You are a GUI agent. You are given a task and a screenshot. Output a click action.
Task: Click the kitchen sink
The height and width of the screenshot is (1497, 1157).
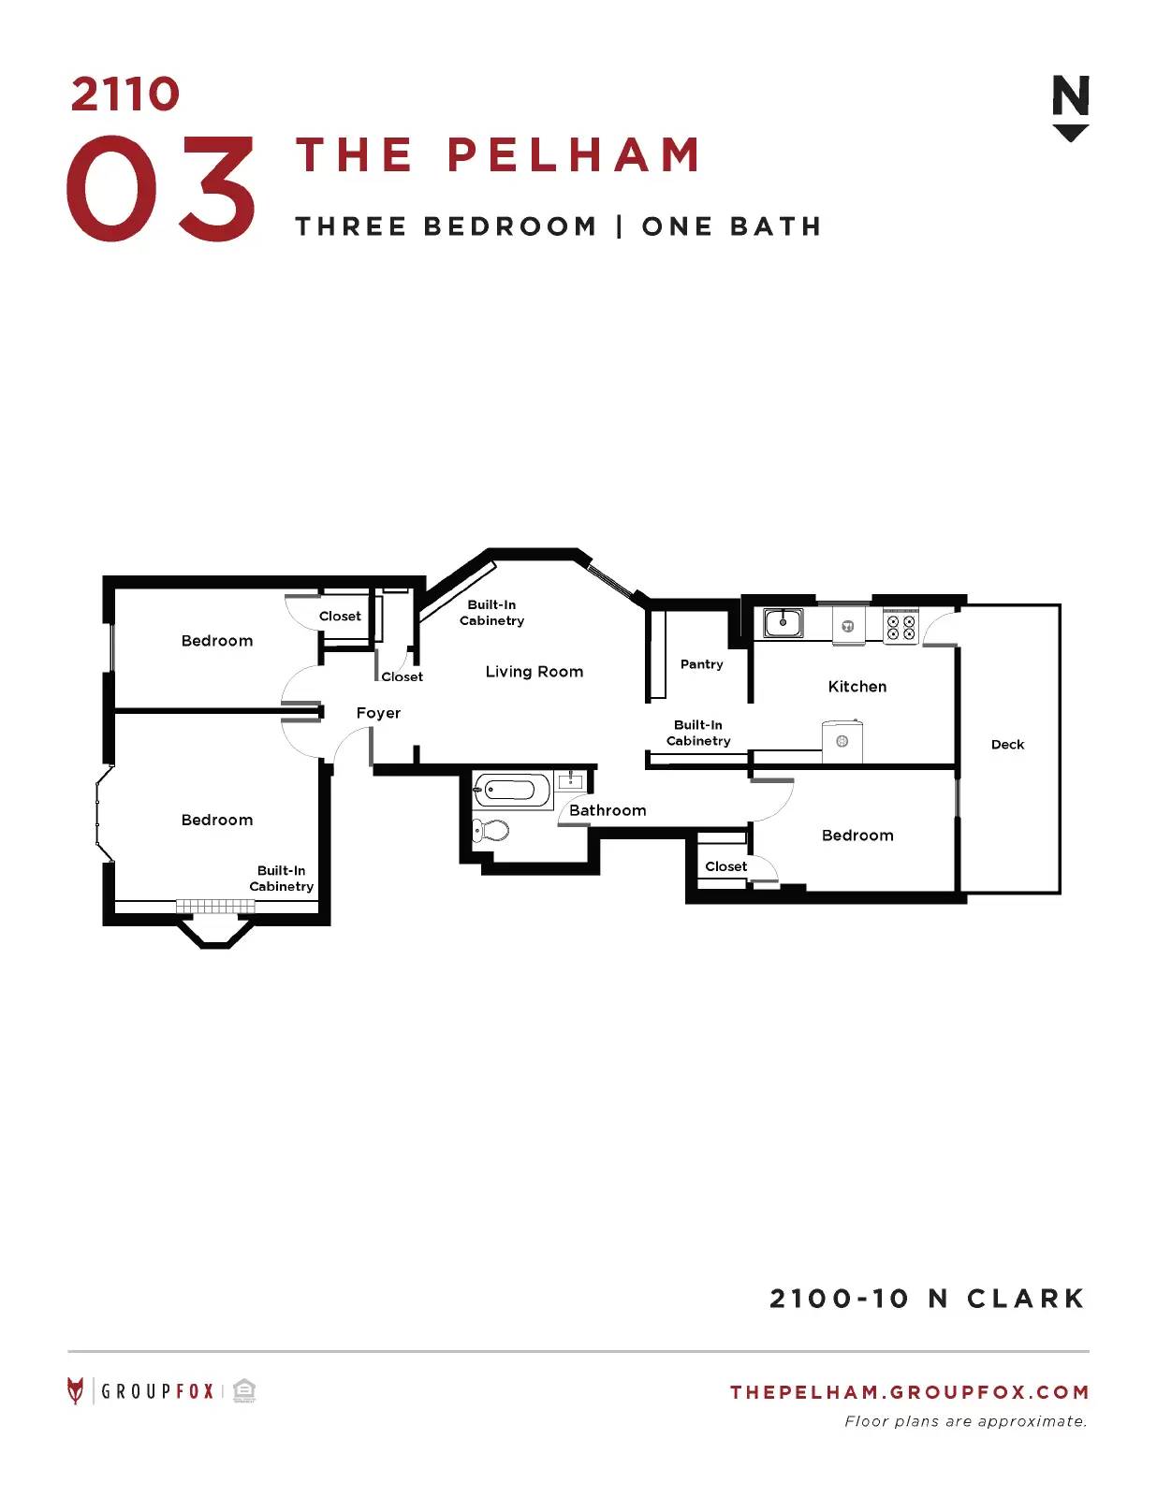click(783, 623)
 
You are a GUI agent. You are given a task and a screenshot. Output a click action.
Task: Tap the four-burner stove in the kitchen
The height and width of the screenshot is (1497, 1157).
click(901, 626)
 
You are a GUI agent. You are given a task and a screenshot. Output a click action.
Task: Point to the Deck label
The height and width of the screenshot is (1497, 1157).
click(1007, 744)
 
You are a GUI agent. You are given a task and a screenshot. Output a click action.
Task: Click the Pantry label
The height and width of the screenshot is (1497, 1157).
click(701, 664)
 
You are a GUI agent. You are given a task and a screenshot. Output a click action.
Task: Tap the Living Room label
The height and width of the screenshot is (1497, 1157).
click(535, 672)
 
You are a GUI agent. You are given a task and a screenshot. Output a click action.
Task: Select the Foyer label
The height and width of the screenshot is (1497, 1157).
click(378, 713)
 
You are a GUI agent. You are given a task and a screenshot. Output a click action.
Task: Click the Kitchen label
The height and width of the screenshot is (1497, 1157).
click(857, 686)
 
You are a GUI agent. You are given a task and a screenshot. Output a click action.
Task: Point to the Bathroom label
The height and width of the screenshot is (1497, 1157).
click(608, 810)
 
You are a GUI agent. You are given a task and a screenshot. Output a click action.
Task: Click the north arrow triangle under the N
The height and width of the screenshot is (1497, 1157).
click(1071, 133)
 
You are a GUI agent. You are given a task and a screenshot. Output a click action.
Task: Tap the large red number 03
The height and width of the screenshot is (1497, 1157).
click(161, 188)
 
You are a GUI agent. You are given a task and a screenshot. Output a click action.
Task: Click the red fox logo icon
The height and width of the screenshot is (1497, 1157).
click(75, 1391)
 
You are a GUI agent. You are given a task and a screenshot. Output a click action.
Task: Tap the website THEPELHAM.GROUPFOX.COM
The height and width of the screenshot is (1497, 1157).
click(909, 1391)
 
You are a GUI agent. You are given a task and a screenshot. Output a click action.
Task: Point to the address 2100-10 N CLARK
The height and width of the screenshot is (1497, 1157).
click(927, 1299)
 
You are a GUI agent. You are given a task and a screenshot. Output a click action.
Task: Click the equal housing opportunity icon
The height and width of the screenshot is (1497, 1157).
click(244, 1391)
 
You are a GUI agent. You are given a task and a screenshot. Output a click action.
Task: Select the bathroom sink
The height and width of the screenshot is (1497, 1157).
click(571, 781)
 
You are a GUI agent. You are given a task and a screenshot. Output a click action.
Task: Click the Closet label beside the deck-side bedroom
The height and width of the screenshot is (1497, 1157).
click(725, 866)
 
